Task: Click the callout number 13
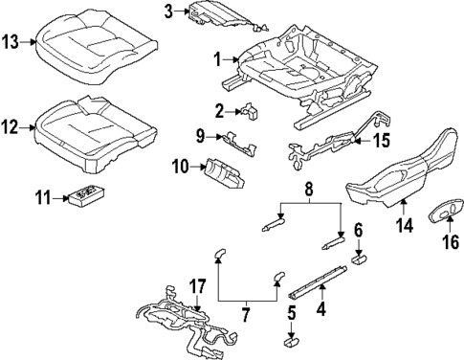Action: tap(11, 42)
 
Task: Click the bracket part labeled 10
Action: tap(224, 175)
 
